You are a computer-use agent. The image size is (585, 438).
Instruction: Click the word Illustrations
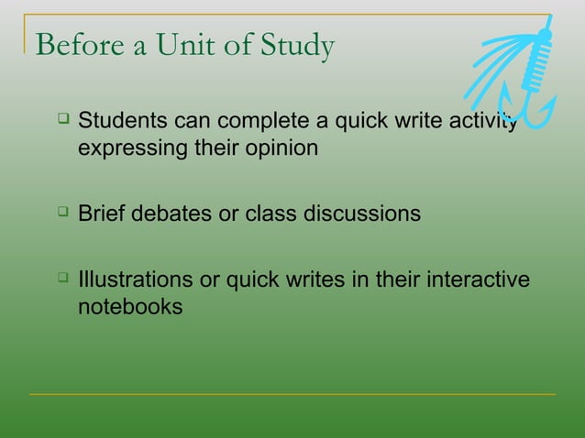(x=135, y=280)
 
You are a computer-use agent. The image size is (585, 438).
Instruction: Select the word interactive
(x=480, y=280)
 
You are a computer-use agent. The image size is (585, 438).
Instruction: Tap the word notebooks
(x=130, y=307)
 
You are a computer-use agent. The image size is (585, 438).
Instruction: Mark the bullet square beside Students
(x=61, y=119)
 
